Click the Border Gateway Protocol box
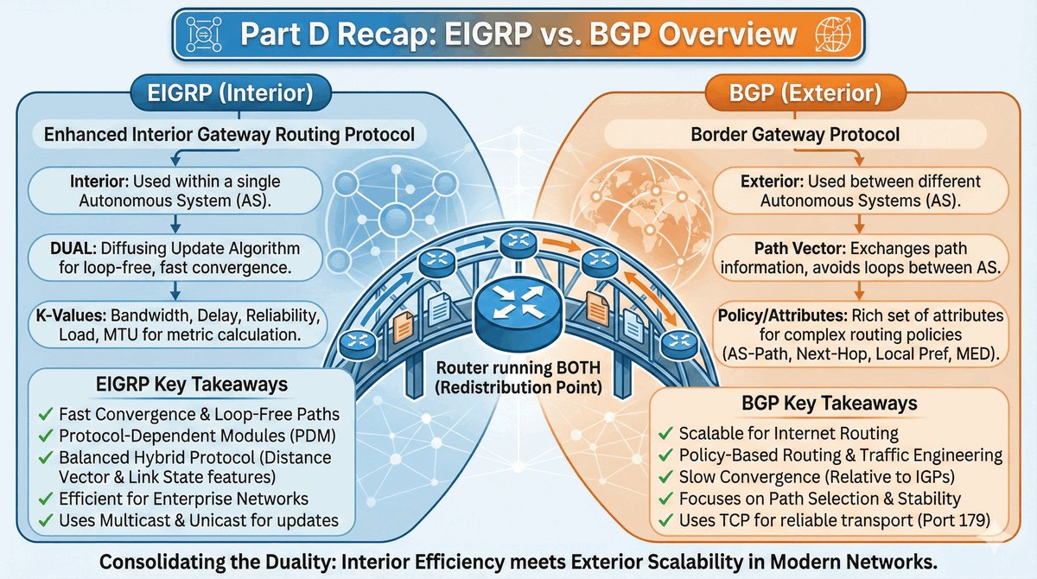tap(808, 135)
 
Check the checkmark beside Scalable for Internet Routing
tap(666, 432)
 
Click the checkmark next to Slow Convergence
tap(666, 477)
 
